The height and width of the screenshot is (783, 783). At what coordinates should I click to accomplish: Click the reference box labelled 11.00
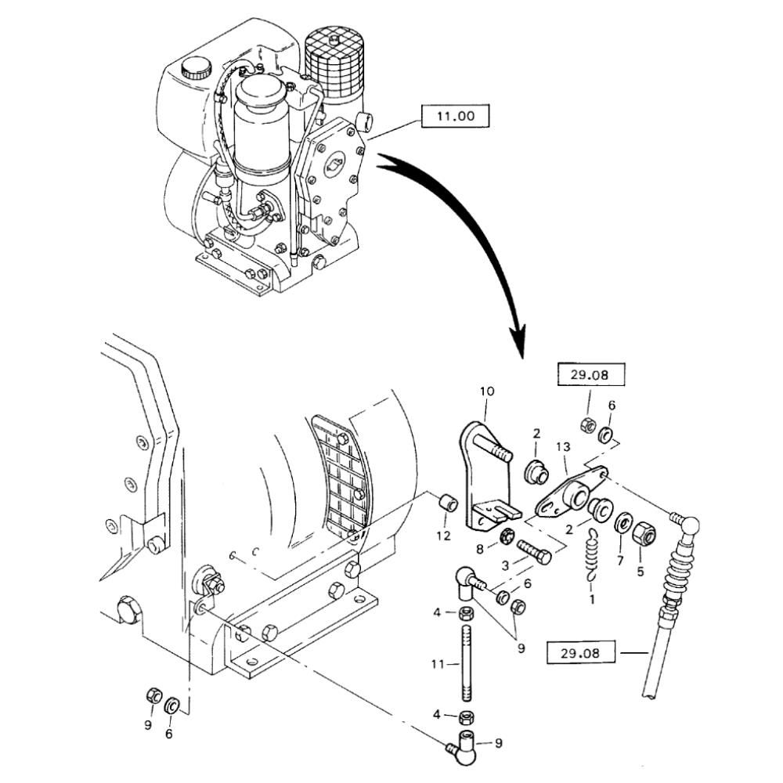(454, 117)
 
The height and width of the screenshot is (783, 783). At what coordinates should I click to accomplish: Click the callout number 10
(487, 390)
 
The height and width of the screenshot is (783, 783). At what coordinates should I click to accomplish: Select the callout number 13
(562, 446)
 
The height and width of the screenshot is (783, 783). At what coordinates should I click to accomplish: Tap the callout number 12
(444, 536)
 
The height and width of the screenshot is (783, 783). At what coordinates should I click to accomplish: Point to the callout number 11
(438, 664)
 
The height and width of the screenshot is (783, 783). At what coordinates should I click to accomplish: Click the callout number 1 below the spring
(592, 600)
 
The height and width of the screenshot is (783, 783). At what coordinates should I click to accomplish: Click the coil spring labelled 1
(594, 555)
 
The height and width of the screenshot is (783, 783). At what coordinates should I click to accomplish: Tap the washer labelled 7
(625, 521)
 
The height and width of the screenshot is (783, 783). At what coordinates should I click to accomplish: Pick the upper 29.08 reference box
(592, 375)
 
